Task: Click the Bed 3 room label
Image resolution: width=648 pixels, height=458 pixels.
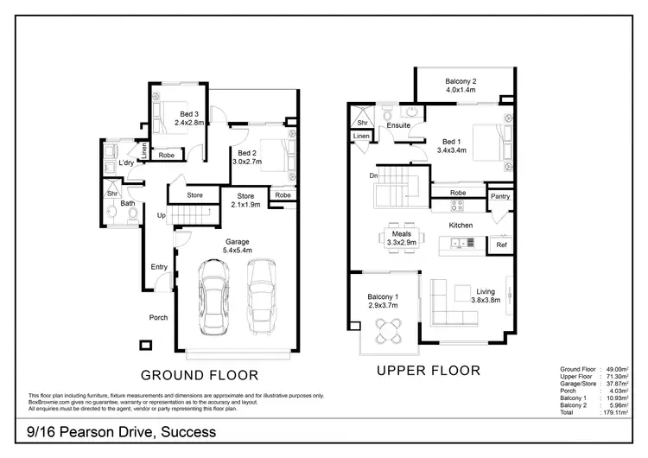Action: pyautogui.click(x=189, y=113)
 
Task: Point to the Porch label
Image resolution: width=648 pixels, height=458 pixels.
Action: pyautogui.click(x=158, y=318)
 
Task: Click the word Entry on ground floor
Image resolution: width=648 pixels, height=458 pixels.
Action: pyautogui.click(x=160, y=267)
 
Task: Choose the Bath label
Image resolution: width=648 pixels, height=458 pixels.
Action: pyautogui.click(x=128, y=204)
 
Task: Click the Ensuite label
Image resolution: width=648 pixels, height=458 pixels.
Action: pyautogui.click(x=398, y=125)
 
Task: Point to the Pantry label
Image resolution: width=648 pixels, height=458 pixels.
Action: pyautogui.click(x=500, y=196)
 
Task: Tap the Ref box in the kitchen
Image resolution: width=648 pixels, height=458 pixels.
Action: pyautogui.click(x=501, y=245)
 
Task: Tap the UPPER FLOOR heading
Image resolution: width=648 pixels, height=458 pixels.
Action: pyautogui.click(x=429, y=372)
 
